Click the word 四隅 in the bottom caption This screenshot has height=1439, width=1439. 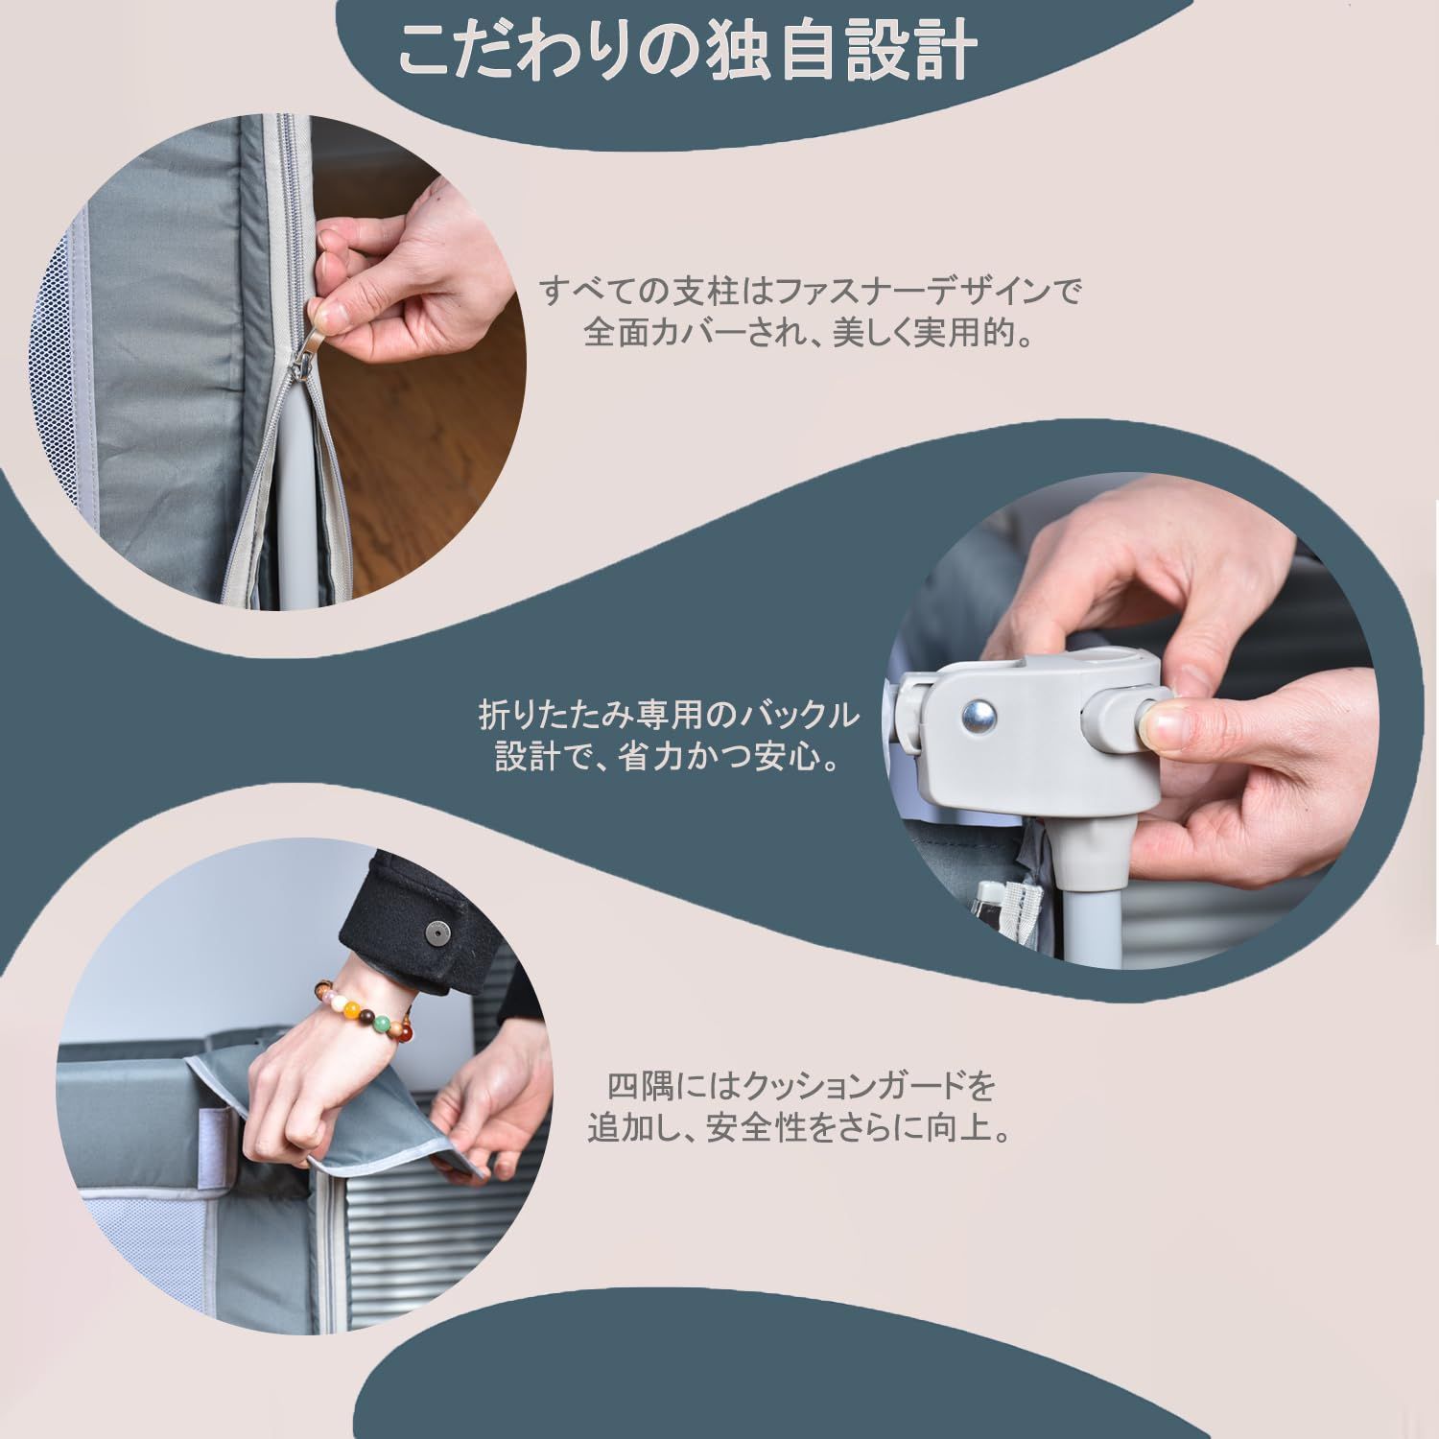pyautogui.click(x=635, y=1088)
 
